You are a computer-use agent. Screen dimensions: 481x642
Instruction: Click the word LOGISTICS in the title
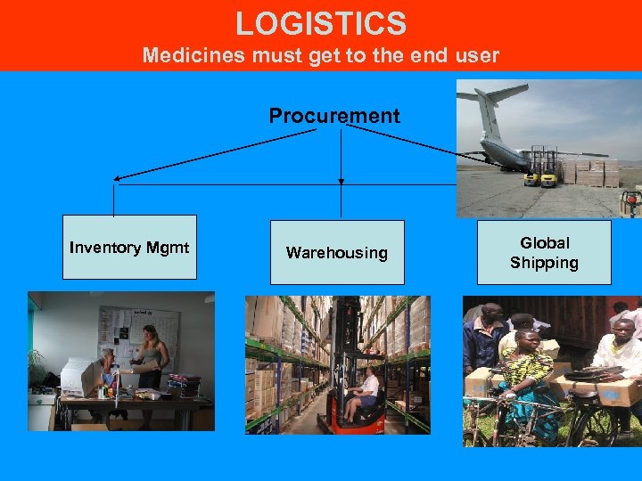pos(321,23)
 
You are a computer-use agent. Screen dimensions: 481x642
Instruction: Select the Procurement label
pos(334,116)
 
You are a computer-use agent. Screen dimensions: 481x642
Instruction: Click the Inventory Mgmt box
pos(129,248)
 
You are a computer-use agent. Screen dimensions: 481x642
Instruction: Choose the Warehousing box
pos(337,253)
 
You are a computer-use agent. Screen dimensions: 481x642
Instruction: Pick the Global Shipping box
pos(544,253)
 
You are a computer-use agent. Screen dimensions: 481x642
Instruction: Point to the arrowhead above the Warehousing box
pos(341,182)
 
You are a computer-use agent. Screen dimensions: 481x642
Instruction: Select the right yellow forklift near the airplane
pos(549,174)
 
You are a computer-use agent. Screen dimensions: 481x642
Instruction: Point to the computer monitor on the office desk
pos(80,377)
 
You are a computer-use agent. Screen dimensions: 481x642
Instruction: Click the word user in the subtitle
pos(478,55)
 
